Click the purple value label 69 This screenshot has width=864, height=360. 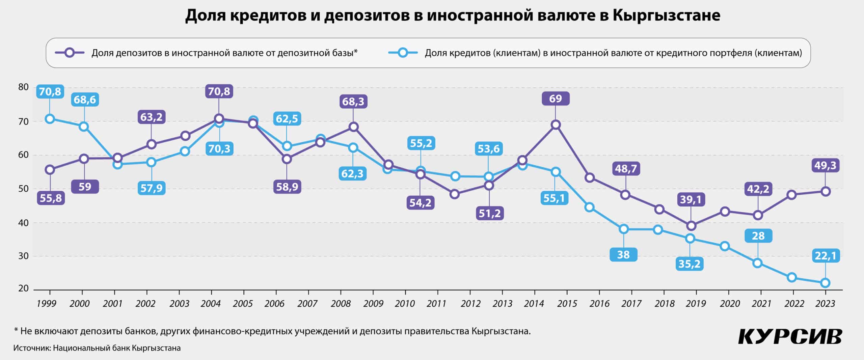pos(556,99)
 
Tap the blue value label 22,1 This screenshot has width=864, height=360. pos(826,256)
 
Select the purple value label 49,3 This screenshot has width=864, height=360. pos(825,165)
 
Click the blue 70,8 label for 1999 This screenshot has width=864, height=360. pos(50,91)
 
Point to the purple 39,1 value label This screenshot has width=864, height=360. pos(691,199)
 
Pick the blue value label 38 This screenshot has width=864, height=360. pos(623,254)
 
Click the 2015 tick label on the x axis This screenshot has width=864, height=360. pos(567,304)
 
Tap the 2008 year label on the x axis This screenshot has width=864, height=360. pos(341,304)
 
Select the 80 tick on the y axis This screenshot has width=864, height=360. pos(23,87)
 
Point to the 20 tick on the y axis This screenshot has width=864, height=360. pos(23,288)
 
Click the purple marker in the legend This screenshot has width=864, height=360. pos(70,53)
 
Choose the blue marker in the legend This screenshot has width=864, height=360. pos(403,53)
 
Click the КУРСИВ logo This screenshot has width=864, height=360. pos(790,337)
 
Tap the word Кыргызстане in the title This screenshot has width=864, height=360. pos(666,15)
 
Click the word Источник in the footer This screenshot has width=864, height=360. pos(32,348)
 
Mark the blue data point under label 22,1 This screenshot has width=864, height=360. pos(825,283)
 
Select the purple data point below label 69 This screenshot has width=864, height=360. pos(556,125)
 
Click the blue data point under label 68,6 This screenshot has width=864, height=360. pos(84,127)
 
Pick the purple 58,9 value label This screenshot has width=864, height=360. pos(287,187)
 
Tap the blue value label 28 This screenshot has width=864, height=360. pos(758,236)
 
